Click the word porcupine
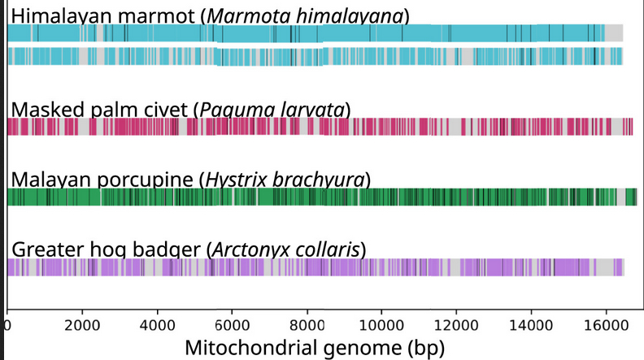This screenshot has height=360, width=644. point(143,179)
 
